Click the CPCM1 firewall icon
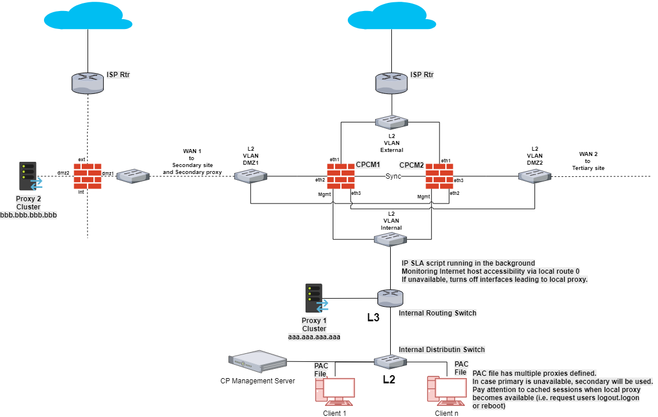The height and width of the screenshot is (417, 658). point(340,176)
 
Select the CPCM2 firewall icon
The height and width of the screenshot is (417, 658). point(439,176)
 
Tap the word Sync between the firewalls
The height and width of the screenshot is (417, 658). point(394,176)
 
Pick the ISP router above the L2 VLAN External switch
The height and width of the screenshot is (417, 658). point(392,82)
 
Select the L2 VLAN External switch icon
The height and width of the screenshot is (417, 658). point(392,122)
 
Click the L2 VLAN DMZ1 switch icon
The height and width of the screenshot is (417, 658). point(251,176)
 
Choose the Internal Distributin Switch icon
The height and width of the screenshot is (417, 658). point(390,361)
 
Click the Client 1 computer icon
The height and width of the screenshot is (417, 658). point(336,391)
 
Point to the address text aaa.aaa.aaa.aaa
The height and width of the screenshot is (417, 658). point(315,336)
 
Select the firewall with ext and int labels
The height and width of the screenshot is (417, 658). point(88,176)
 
